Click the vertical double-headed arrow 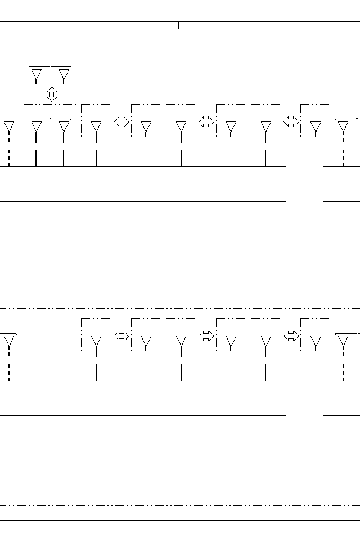tap(51, 94)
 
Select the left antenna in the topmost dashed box tap(37, 74)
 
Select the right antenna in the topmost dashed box tap(64, 74)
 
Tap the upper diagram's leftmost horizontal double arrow tap(121, 121)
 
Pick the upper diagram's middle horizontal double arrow tap(206, 121)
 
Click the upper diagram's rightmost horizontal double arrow tap(291, 121)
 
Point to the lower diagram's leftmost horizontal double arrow tap(121, 336)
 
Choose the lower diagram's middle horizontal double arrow tap(206, 336)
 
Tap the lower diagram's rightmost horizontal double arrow tap(291, 336)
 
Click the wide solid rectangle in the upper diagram tap(141, 184)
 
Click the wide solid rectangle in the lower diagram tap(141, 398)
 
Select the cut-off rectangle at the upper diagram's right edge tap(341, 184)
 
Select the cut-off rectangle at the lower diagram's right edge tap(341, 398)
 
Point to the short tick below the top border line tap(179, 25)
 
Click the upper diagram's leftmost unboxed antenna tap(9, 126)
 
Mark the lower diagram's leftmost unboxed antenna tap(9, 341)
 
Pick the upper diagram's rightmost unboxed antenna tap(343, 126)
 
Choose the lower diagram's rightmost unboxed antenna tap(343, 341)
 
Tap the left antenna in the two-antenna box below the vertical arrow tap(37, 127)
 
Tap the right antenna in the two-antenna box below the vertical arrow tap(64, 127)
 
